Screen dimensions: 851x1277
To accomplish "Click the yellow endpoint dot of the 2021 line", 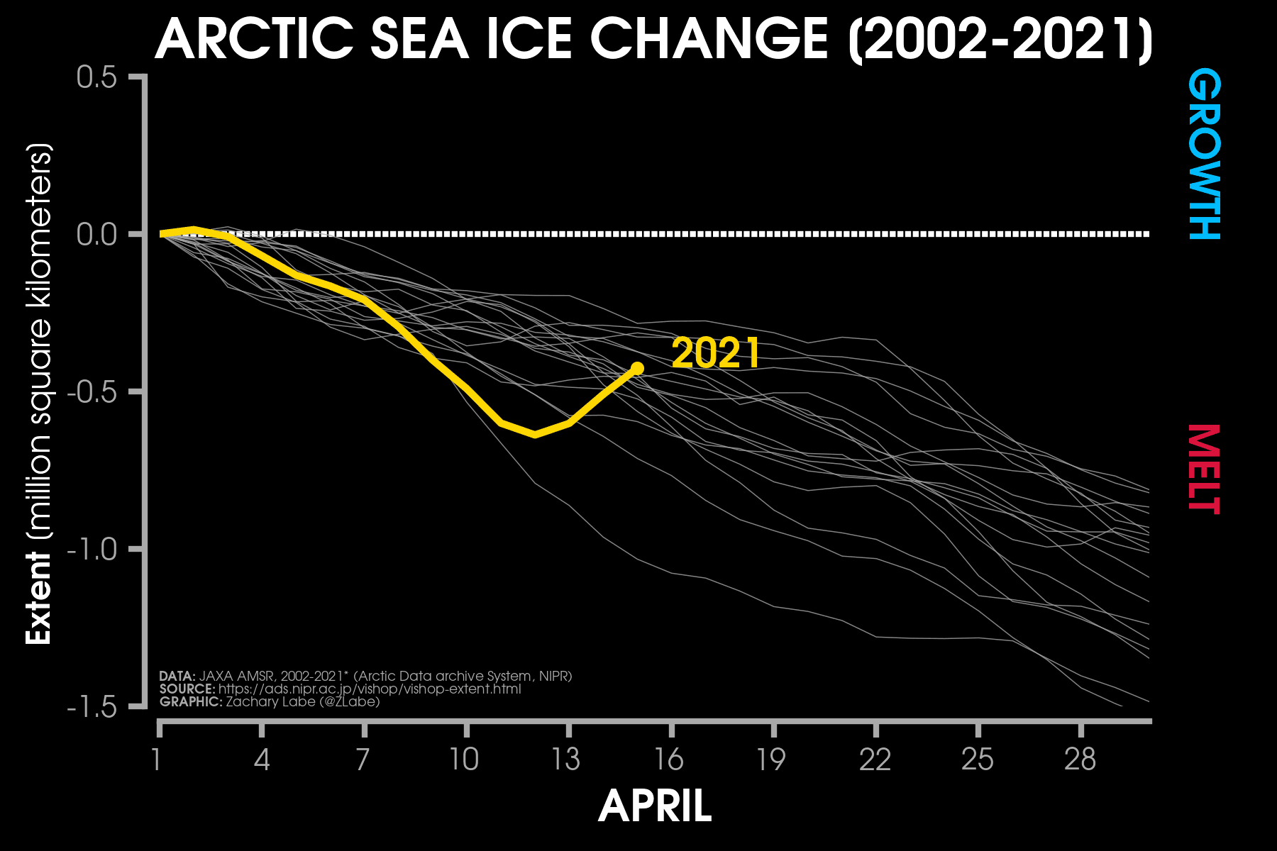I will pyautogui.click(x=637, y=368).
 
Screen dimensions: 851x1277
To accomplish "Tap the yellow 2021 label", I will pyautogui.click(x=715, y=353).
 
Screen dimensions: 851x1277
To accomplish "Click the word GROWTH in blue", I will pyautogui.click(x=1204, y=154).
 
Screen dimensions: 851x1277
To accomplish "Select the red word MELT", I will pyautogui.click(x=1204, y=469).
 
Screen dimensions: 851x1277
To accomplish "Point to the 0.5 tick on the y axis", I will pyautogui.click(x=96, y=77).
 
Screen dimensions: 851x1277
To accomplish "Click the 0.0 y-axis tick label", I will pyautogui.click(x=96, y=234).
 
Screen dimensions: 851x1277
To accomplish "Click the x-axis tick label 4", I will pyautogui.click(x=262, y=760).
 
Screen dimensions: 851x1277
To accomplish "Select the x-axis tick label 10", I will pyautogui.click(x=465, y=760).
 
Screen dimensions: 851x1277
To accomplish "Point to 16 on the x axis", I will pyautogui.click(x=669, y=760).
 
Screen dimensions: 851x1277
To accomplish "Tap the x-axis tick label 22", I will pyautogui.click(x=875, y=760).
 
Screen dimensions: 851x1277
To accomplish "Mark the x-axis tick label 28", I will pyautogui.click(x=1080, y=760).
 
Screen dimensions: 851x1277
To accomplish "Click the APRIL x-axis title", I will pyautogui.click(x=655, y=806).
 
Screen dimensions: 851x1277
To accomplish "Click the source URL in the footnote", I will pyautogui.click(x=370, y=689).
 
